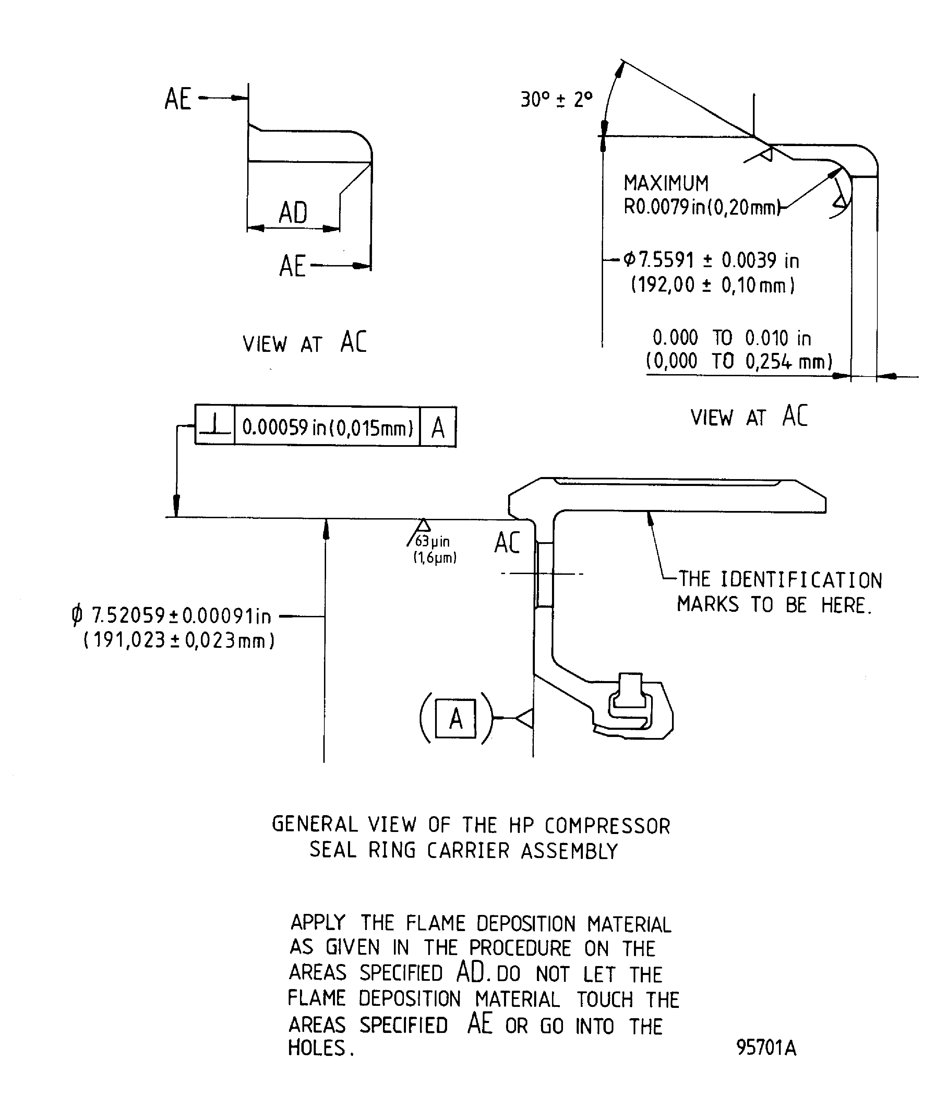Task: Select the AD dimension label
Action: [293, 213]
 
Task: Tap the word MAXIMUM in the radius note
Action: [666, 183]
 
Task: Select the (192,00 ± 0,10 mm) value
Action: [713, 285]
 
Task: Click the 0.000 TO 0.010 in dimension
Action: [731, 338]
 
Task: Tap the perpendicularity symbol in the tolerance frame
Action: [215, 426]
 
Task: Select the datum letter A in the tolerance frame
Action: [438, 427]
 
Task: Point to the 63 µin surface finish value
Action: [432, 541]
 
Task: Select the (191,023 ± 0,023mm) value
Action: [179, 640]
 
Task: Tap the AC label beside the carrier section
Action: [507, 543]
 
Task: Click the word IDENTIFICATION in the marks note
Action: [801, 580]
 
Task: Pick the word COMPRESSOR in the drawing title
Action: [607, 826]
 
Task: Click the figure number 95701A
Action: [766, 1048]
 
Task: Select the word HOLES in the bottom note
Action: [317, 1048]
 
